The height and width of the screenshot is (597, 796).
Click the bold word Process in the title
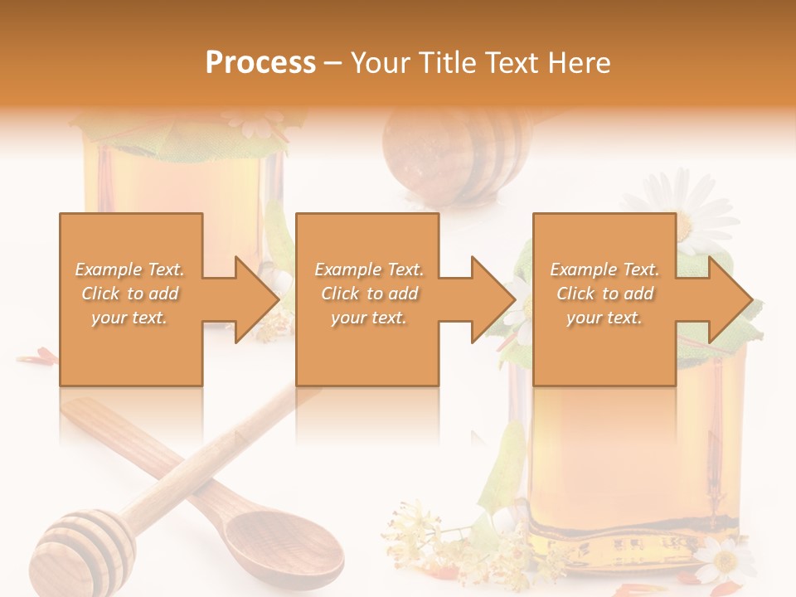(260, 62)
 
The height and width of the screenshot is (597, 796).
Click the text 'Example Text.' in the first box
(130, 269)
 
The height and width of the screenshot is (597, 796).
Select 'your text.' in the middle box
(368, 318)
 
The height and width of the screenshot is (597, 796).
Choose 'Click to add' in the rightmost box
(604, 294)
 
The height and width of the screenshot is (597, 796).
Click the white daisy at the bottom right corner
(722, 561)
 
